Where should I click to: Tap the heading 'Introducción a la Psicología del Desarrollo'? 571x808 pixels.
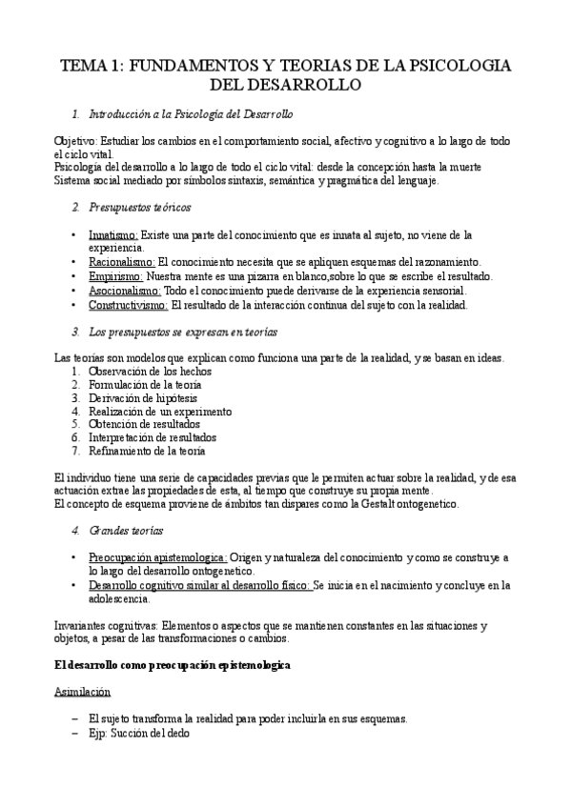191,114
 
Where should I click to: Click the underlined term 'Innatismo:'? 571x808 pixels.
113,234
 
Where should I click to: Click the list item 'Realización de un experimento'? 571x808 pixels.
159,411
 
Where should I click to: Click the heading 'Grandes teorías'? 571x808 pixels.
126,529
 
